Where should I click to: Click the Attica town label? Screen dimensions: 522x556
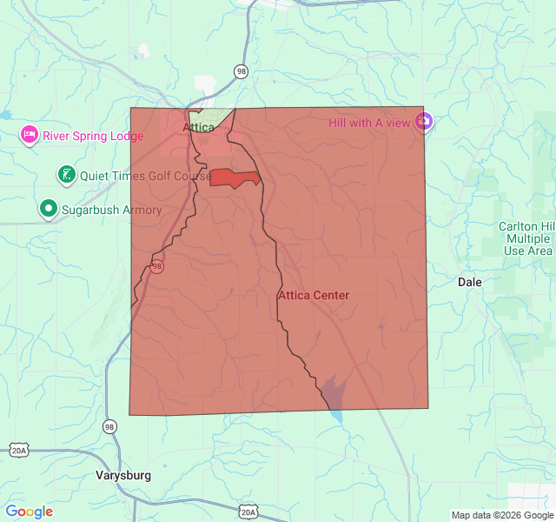coord(198,127)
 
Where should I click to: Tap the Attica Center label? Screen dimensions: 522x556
coord(314,296)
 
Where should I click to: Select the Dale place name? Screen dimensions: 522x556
coord(470,283)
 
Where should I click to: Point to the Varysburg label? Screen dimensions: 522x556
coord(122,476)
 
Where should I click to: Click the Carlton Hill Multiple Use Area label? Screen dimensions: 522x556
coord(526,238)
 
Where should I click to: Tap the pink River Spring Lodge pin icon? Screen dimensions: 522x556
coord(30,135)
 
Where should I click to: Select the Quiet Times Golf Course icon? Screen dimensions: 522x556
coord(65,175)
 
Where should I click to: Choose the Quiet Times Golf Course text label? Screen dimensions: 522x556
coord(145,176)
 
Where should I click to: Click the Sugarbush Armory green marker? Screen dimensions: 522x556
coord(49,209)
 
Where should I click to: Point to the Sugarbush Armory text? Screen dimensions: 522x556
coord(111,210)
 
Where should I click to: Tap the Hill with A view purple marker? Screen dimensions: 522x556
coord(423,123)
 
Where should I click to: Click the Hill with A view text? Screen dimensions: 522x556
coord(369,123)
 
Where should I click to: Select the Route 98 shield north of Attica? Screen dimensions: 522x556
coord(240,70)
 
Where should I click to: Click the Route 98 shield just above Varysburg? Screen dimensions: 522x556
coord(109,426)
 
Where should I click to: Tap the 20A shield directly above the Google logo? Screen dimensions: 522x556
coord(19,450)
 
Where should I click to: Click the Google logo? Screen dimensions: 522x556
coord(29,512)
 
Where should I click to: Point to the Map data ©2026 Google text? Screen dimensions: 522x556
coord(501,515)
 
